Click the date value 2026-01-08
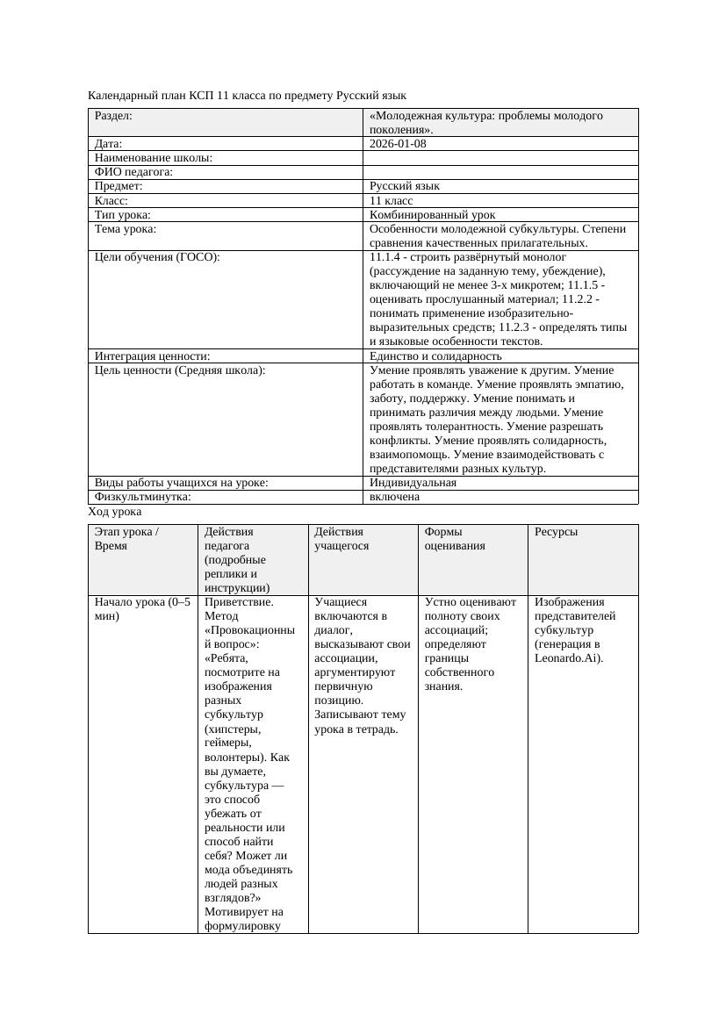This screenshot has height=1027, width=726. [x=398, y=143]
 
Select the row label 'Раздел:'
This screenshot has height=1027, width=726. [x=114, y=115]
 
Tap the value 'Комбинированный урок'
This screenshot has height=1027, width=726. [x=432, y=214]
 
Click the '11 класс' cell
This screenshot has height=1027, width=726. [x=392, y=200]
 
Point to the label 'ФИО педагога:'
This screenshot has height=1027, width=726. [x=133, y=172]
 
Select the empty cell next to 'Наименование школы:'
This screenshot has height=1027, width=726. [x=500, y=158]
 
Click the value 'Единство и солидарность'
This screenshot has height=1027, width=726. [x=435, y=356]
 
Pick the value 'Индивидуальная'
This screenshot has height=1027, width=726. [x=413, y=483]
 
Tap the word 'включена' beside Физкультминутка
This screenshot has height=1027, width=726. [x=394, y=497]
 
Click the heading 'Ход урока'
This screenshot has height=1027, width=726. [x=115, y=512]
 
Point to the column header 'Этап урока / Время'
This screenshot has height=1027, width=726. [x=126, y=538]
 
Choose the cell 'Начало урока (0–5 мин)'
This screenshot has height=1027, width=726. [x=141, y=609]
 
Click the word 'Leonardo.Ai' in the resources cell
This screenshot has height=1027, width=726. [x=567, y=658]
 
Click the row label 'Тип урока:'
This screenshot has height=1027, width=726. [x=123, y=214]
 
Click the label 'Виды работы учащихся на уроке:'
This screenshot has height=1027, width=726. [x=181, y=483]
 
